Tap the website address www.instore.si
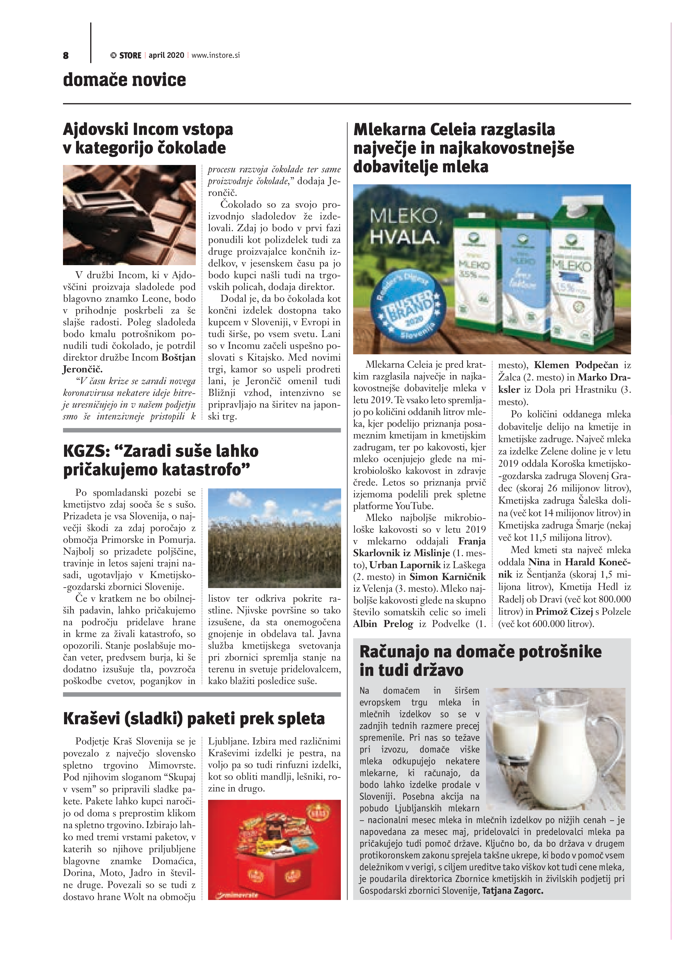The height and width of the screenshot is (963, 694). pos(216,55)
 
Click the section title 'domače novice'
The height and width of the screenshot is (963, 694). pos(124,80)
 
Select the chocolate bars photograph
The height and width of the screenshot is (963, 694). pos(129,215)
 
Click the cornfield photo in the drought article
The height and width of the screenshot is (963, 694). pos(274,538)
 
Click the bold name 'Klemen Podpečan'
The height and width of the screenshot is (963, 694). pos(576,365)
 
